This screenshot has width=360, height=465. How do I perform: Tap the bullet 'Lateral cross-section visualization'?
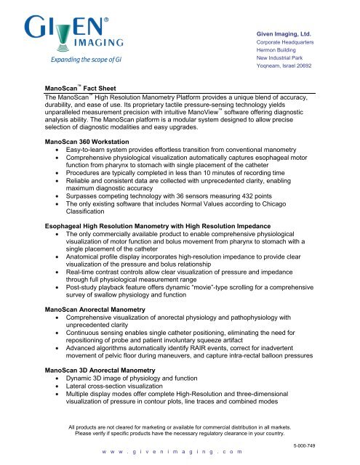[x=127, y=388]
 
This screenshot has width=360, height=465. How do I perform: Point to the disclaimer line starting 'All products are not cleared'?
[x=181, y=424]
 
